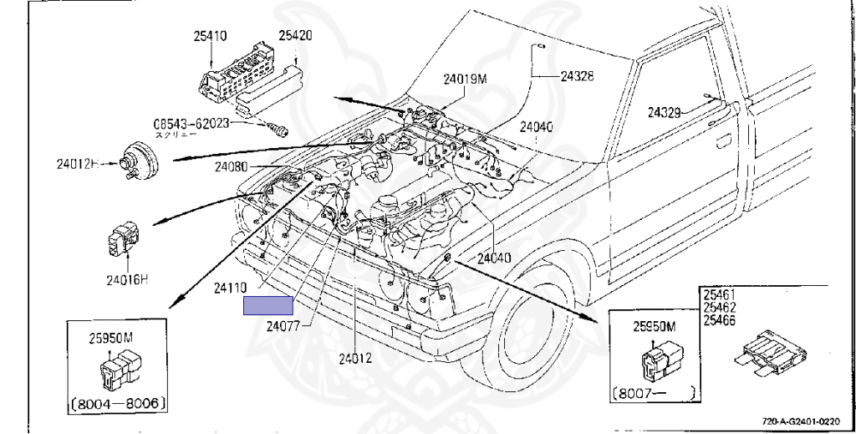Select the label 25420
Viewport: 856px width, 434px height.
point(295,37)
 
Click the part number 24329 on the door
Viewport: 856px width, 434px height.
point(665,111)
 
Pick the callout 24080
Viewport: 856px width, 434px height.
point(231,166)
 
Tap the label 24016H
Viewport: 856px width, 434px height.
point(127,280)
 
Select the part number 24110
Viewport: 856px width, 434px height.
point(230,287)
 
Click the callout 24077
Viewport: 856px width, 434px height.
point(284,326)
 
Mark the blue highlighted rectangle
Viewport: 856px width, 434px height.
point(267,306)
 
